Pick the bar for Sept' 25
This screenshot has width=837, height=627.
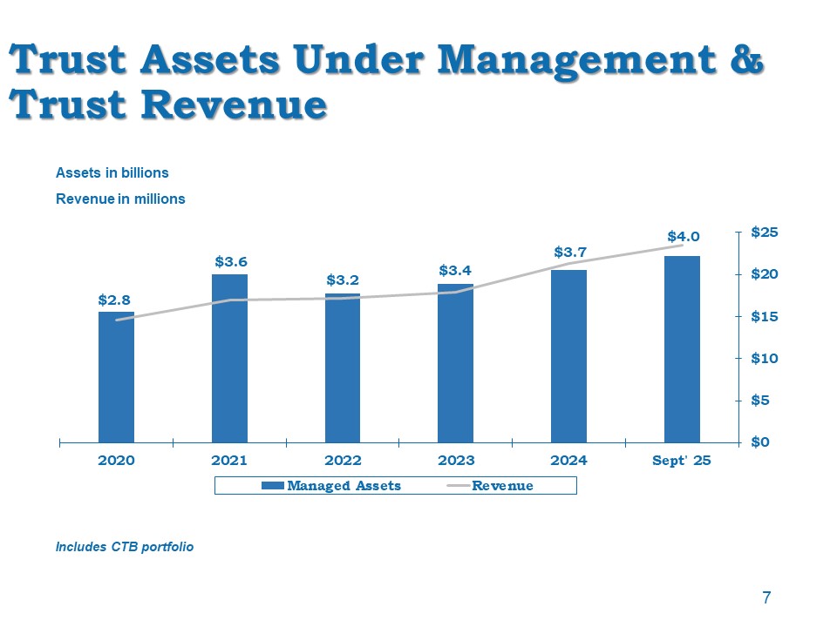[x=682, y=348]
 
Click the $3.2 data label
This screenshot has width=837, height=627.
[x=343, y=280]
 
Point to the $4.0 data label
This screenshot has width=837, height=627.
[x=684, y=236]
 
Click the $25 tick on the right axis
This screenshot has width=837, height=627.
[x=764, y=233]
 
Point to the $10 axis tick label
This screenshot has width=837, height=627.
[x=764, y=358]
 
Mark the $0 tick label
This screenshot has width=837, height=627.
[x=760, y=442]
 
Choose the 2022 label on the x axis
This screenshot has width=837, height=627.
[x=343, y=461]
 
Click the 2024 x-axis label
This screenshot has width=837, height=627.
[x=569, y=461]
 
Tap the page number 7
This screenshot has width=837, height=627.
[x=766, y=597]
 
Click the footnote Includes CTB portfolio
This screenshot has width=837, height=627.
[x=125, y=547]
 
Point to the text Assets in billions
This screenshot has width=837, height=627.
[x=112, y=172]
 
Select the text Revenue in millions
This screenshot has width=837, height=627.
[x=120, y=199]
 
